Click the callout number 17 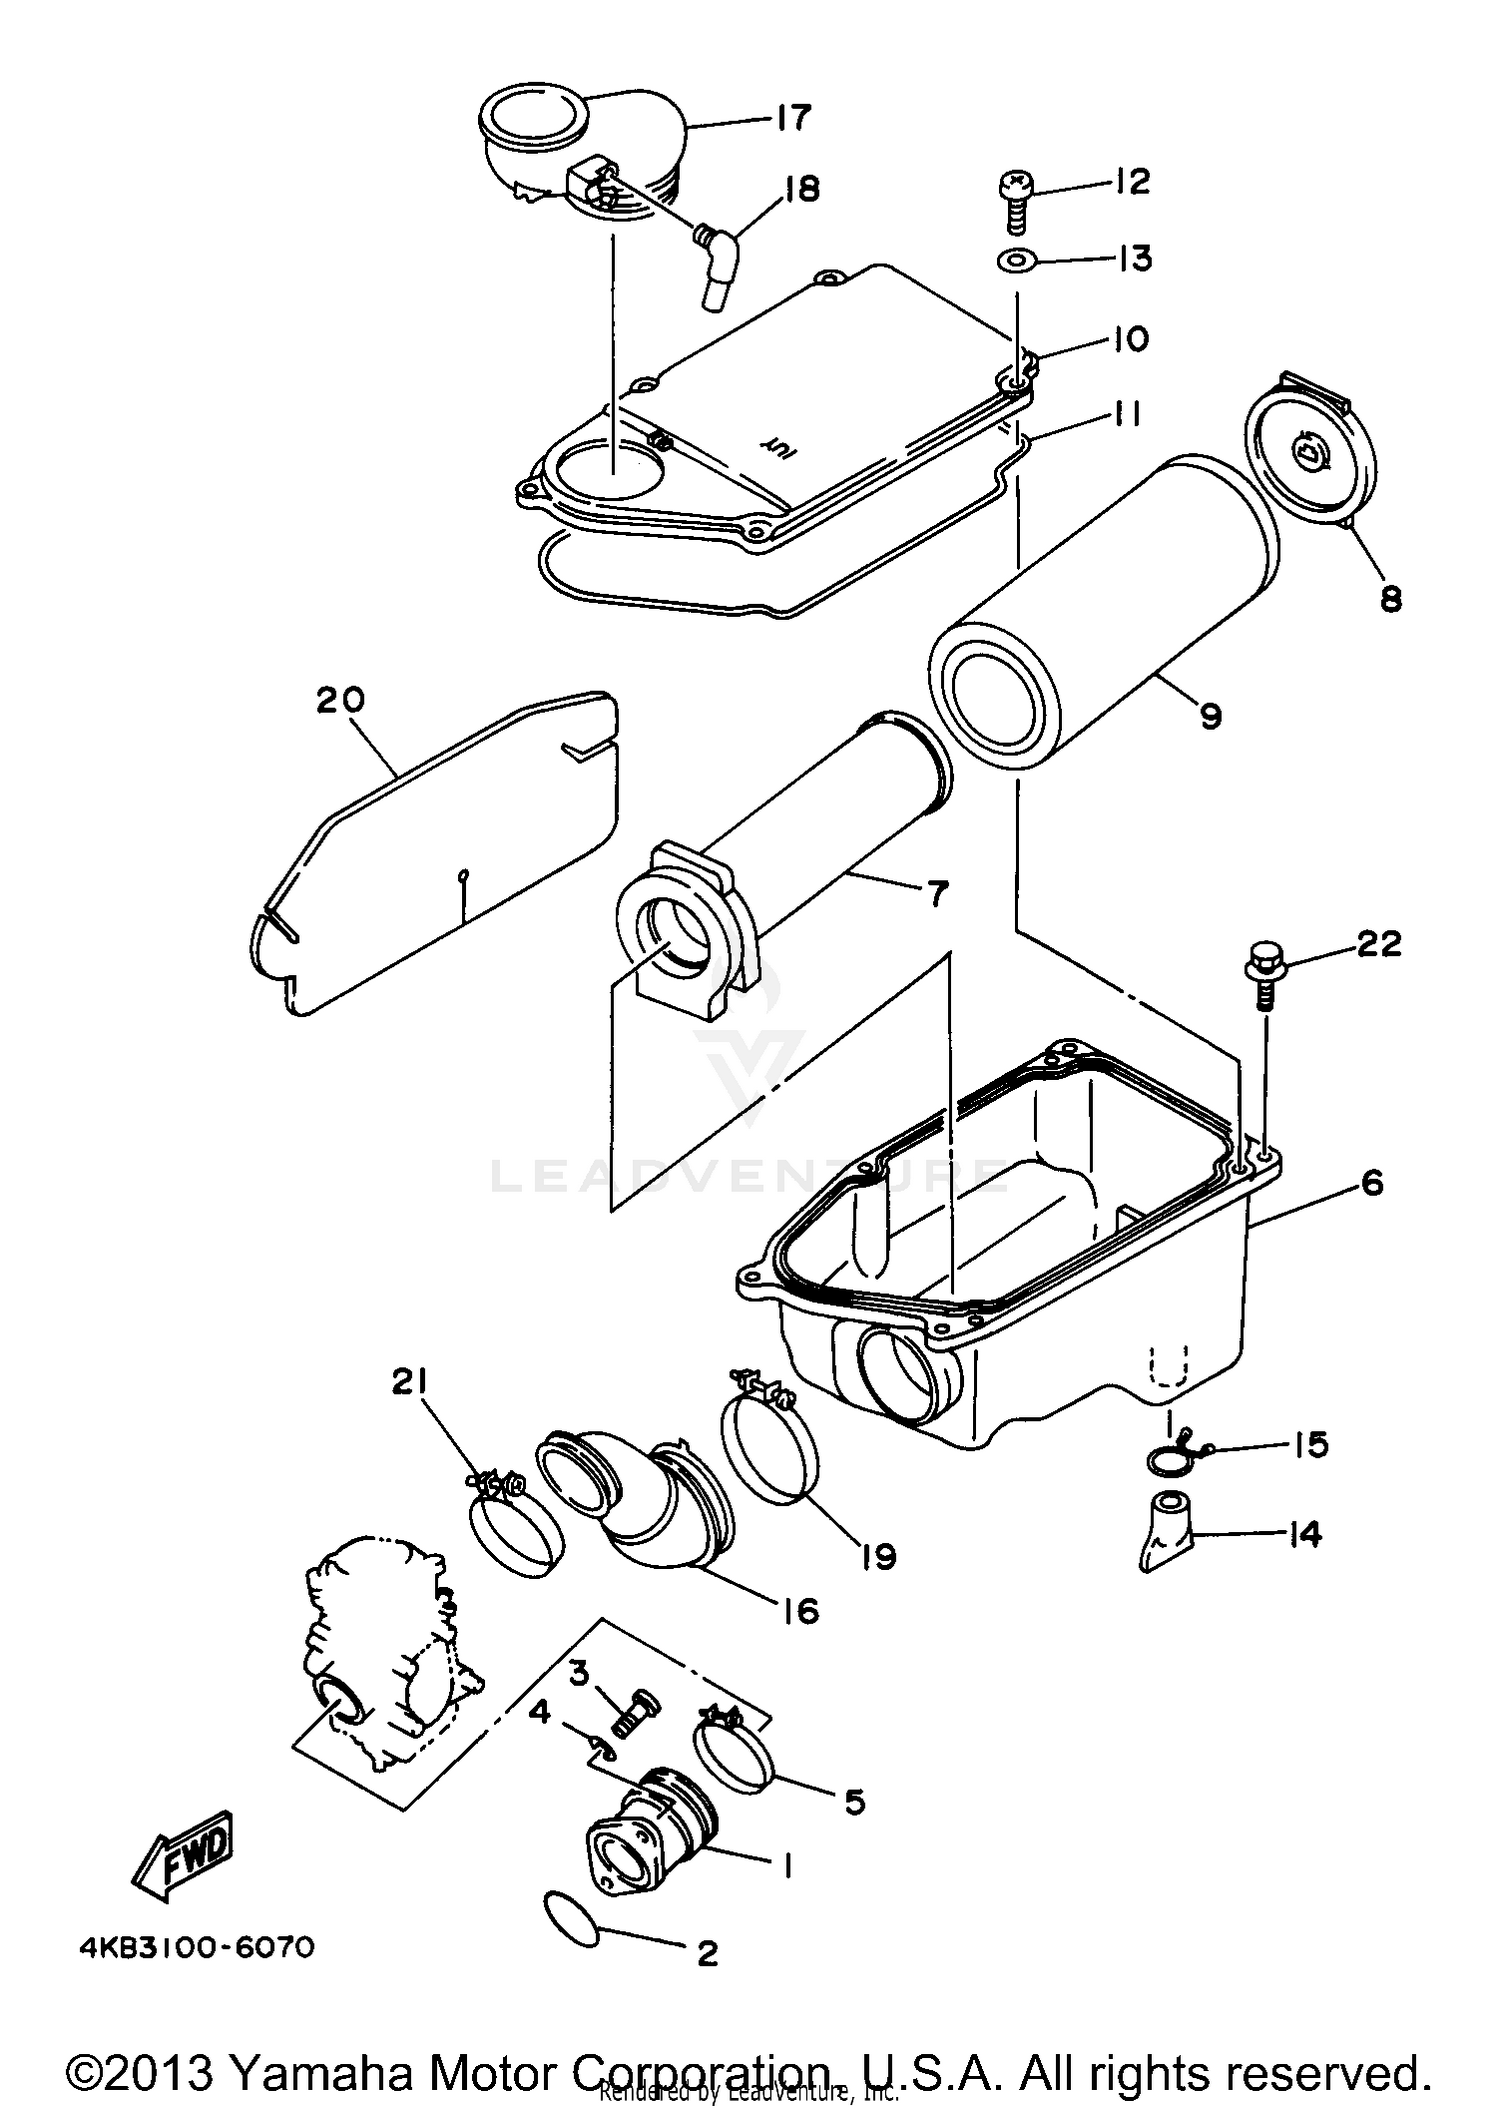tap(792, 118)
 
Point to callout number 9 tap(1211, 716)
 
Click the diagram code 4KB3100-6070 tap(197, 1948)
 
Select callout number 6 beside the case tap(1372, 1183)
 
